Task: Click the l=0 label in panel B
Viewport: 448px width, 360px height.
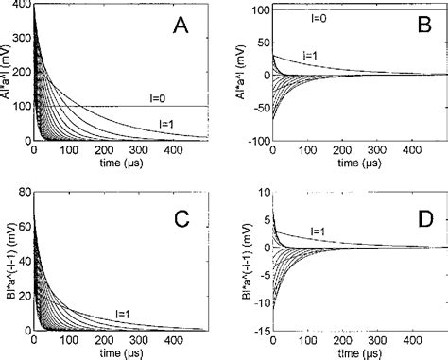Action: coord(319,18)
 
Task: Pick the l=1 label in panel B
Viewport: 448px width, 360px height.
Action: coord(310,55)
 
